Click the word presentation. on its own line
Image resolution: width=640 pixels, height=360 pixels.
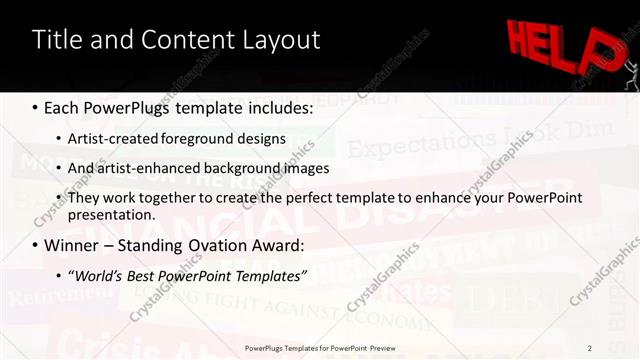pyautogui.click(x=112, y=214)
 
